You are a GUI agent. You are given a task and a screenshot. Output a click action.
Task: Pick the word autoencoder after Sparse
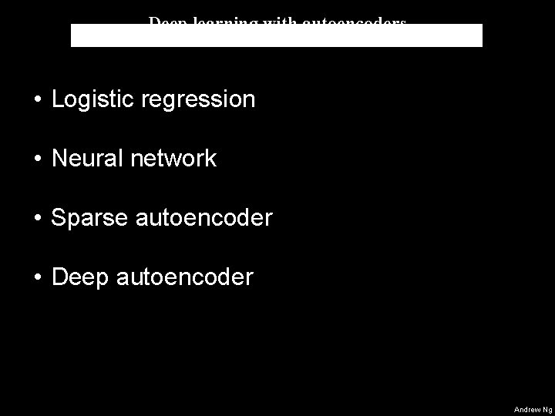pos(203,218)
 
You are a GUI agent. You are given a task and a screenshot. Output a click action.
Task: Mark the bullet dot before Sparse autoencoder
pos(37,219)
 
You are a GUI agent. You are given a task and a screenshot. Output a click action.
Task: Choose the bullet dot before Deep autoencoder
pos(37,278)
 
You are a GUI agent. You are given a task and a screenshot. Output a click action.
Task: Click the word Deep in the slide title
pos(165,21)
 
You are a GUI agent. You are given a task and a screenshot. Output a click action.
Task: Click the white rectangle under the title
pos(277,36)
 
